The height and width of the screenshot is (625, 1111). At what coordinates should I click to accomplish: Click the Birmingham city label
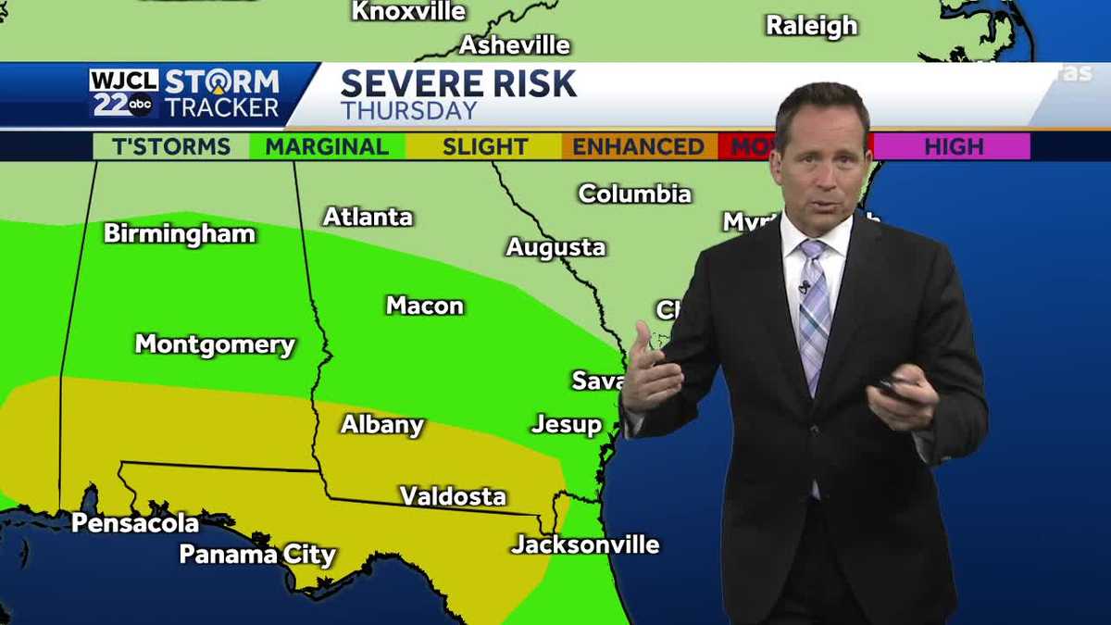click(180, 233)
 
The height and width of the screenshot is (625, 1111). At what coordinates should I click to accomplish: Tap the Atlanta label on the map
click(368, 217)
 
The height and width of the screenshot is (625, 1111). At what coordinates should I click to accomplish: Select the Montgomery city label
click(215, 344)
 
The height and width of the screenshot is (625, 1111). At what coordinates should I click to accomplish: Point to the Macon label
click(425, 306)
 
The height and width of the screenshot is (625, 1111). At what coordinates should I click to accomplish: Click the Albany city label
click(382, 424)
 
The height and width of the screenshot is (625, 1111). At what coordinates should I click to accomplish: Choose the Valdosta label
click(453, 496)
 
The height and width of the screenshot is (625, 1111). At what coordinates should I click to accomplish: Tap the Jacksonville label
click(585, 544)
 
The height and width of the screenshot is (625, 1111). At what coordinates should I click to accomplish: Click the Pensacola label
click(135, 523)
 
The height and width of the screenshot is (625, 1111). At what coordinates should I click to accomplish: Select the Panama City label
click(257, 555)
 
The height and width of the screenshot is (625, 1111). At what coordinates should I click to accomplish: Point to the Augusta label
click(555, 247)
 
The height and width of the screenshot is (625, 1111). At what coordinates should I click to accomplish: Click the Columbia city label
click(635, 194)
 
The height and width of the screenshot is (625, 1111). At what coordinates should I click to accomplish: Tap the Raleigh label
click(812, 26)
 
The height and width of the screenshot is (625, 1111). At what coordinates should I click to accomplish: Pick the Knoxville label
click(408, 11)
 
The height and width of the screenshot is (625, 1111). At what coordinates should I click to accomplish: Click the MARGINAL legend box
click(327, 146)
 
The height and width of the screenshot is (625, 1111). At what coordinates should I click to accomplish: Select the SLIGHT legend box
click(484, 146)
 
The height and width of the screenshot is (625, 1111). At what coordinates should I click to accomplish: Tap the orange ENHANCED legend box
click(638, 146)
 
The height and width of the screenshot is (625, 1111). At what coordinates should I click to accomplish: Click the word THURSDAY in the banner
click(408, 111)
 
